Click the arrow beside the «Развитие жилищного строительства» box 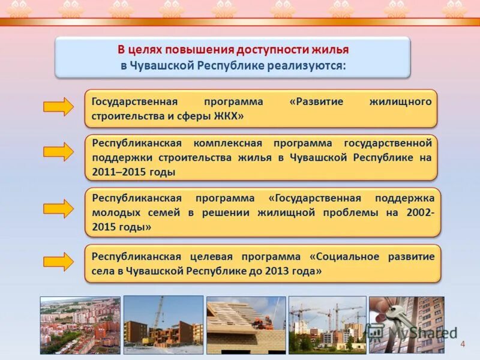pos(58,107)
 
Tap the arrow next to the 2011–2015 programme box pos(58,152)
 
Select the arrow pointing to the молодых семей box pos(58,209)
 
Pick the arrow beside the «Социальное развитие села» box pos(58,262)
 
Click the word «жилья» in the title pos(329,50)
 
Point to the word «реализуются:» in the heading pos(313,65)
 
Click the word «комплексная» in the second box pos(227,143)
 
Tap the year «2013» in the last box pos(274,271)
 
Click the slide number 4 pos(463,344)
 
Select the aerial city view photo pos(80,325)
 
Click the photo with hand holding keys pos(406,325)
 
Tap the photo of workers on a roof pos(246,325)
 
